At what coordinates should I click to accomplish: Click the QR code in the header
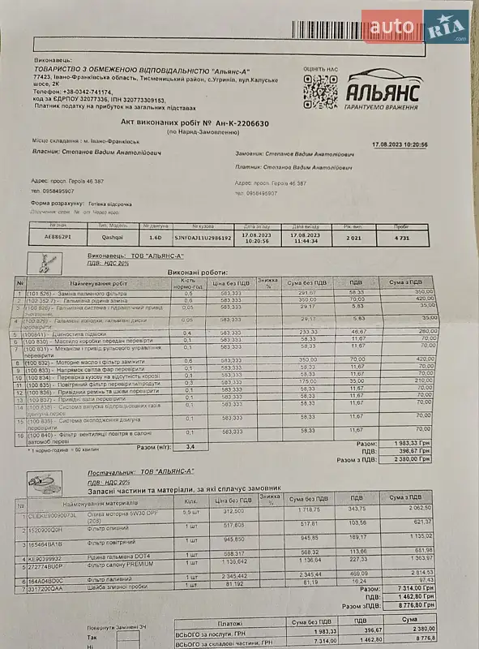[319, 92]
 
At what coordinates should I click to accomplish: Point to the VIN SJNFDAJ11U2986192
[203, 239]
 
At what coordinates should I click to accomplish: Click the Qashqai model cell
[113, 239]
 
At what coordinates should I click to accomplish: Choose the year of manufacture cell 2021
[352, 239]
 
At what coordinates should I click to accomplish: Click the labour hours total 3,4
[190, 447]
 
